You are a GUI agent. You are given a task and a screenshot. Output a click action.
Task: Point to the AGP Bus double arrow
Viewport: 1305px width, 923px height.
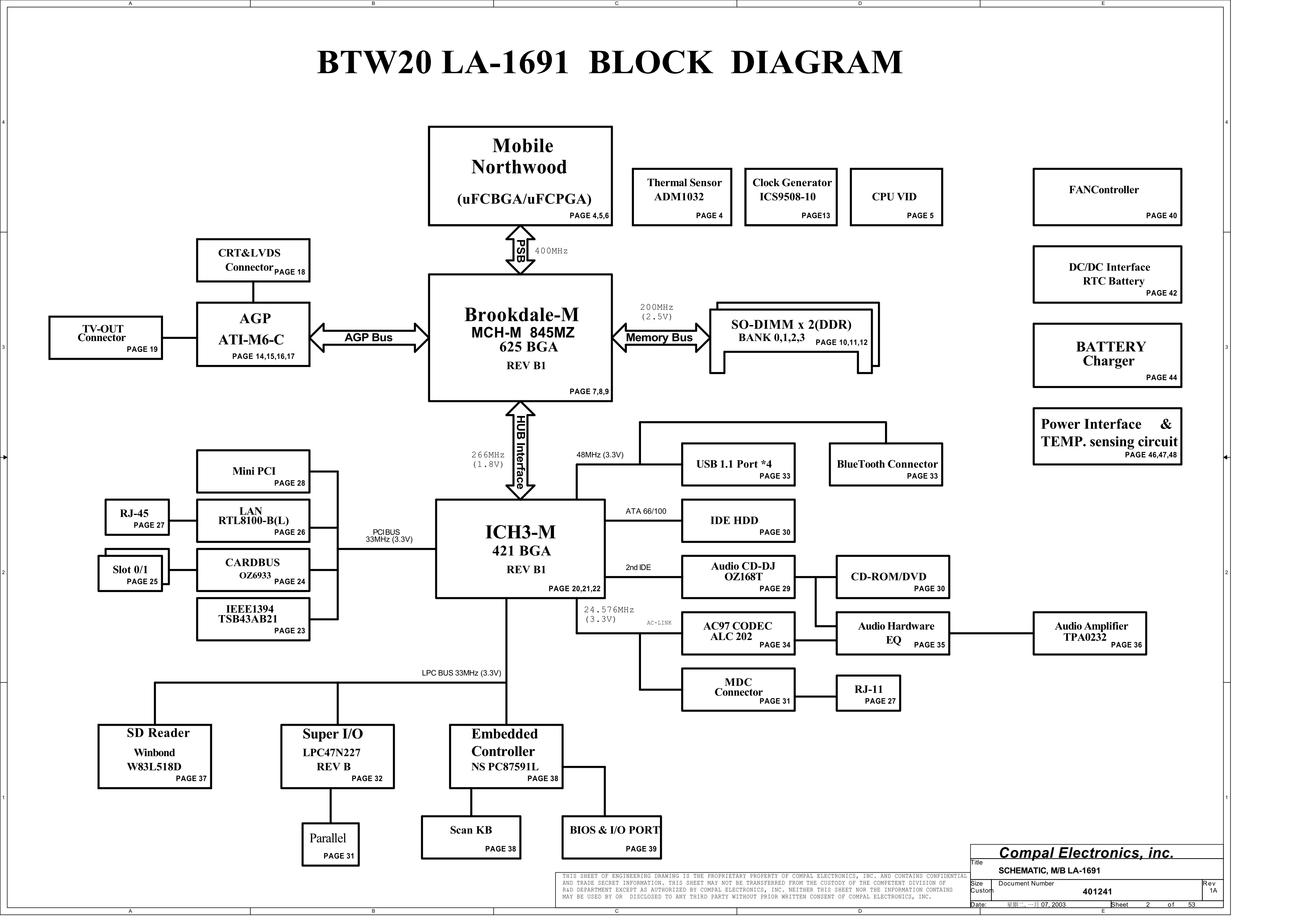pyautogui.click(x=369, y=338)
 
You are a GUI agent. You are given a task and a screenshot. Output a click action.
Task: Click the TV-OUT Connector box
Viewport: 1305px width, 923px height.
pyautogui.click(x=105, y=338)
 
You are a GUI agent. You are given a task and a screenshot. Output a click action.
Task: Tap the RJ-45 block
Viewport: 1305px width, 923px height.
pyautogui.click(x=137, y=518)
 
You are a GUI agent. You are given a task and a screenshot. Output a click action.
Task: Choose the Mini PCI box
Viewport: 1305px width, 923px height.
pyautogui.click(x=253, y=471)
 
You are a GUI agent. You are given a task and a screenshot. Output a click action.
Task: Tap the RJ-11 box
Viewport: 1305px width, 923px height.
pyautogui.click(x=868, y=693)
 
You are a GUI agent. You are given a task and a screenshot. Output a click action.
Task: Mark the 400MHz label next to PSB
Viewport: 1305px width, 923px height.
pyautogui.click(x=551, y=251)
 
